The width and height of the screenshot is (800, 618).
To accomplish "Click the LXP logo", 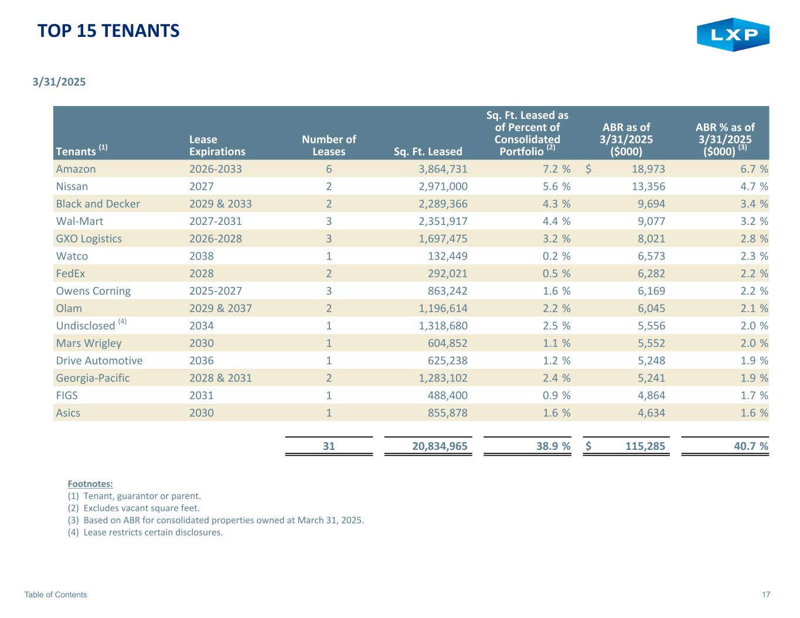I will point(733,35).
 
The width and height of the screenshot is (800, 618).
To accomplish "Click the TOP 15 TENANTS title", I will point(108,31).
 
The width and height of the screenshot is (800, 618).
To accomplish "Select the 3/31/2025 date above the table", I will point(59,82).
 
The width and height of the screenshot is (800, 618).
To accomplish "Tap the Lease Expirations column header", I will point(217,145).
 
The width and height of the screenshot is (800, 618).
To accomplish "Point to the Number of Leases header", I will point(329,145).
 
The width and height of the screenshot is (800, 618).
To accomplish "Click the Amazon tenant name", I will point(76,169).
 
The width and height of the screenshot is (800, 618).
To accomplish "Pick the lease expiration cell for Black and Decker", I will point(220,204).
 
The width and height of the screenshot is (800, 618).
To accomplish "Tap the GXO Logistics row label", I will point(88,239).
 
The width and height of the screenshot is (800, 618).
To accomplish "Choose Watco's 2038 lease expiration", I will point(202,256).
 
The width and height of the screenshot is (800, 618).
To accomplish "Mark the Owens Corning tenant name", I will point(93,291).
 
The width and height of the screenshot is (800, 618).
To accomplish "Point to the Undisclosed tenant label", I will point(86,326).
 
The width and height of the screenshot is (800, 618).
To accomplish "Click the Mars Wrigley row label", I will point(88,343).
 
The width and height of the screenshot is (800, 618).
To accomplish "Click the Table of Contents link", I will point(56,595).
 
